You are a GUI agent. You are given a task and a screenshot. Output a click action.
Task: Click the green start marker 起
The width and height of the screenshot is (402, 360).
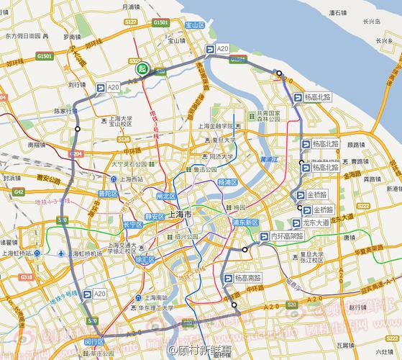[x=141, y=69]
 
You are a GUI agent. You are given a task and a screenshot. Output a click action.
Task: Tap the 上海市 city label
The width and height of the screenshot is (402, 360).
[x=180, y=215]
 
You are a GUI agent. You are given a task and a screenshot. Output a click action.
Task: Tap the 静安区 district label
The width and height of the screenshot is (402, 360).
[x=154, y=215]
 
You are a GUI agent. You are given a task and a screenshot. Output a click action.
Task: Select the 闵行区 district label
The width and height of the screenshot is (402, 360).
[x=95, y=341]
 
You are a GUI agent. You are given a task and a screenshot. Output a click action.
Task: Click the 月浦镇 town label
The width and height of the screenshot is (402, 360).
[x=130, y=6]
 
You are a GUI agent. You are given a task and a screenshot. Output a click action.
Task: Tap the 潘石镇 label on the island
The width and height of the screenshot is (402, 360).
[x=338, y=13]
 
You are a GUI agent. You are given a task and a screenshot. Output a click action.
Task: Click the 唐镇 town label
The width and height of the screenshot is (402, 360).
[x=349, y=237]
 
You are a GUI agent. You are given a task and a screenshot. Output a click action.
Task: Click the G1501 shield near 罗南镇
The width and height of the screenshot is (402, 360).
[x=45, y=55]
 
